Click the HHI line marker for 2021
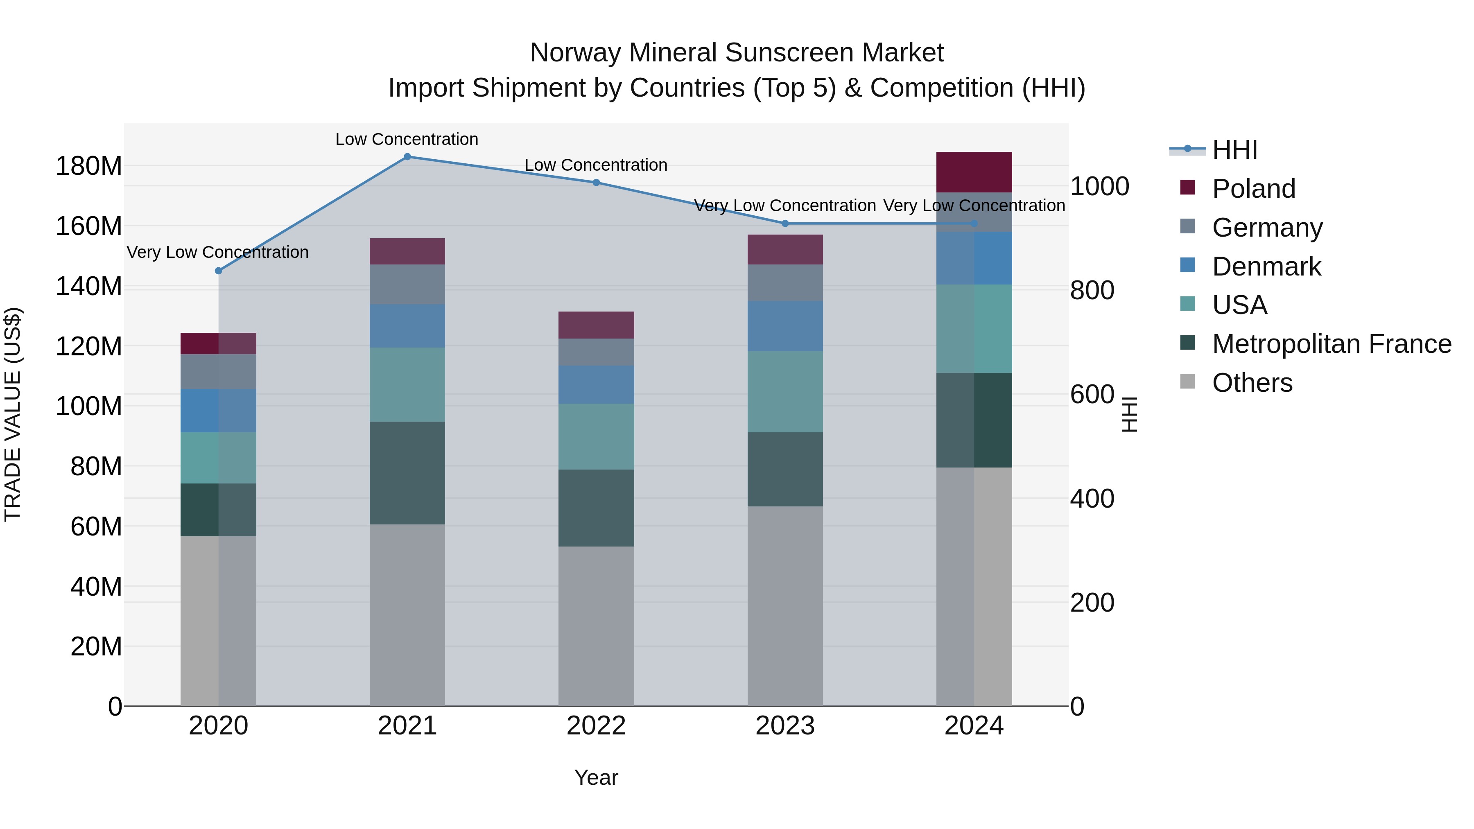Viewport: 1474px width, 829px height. (x=407, y=157)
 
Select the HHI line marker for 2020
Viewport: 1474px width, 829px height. (x=219, y=271)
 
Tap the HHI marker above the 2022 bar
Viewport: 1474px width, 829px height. (x=596, y=183)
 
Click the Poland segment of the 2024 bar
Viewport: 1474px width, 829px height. (x=974, y=172)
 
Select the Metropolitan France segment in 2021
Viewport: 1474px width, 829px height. (x=407, y=473)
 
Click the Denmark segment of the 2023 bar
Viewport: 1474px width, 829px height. (x=784, y=326)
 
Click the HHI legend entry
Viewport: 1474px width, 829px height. (x=1234, y=150)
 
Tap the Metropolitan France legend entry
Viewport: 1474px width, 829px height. (x=1331, y=344)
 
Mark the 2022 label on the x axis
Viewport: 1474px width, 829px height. (x=596, y=726)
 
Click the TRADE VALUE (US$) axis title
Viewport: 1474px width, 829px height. (x=13, y=414)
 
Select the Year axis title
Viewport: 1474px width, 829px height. (x=596, y=777)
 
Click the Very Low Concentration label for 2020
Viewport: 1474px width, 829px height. (x=217, y=252)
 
